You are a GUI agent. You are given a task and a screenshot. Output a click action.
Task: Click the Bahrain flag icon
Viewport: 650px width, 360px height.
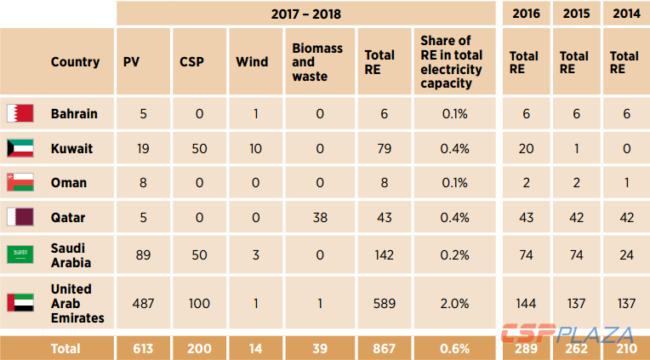[x=20, y=113]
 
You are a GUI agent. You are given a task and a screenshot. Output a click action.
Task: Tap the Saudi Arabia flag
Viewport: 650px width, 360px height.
[x=20, y=254]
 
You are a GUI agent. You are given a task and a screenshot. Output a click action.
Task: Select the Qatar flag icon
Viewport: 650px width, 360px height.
[x=20, y=217]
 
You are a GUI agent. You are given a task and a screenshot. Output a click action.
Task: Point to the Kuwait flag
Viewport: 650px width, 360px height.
[x=20, y=148]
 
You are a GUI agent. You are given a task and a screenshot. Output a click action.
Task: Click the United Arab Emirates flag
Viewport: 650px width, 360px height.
[x=20, y=303]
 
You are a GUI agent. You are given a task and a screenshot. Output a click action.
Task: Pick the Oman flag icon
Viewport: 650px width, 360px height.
[x=20, y=183]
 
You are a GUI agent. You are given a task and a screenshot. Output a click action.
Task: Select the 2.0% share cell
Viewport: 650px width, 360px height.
[x=455, y=303]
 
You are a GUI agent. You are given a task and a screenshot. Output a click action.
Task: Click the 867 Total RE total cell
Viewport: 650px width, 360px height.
[x=379, y=348]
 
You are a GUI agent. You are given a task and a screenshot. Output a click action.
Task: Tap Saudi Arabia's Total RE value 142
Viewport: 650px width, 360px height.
[x=379, y=254]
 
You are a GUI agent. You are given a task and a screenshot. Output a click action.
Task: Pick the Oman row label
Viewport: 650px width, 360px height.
[x=68, y=183]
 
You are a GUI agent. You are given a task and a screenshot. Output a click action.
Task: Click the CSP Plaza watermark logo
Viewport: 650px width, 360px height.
[x=566, y=334]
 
